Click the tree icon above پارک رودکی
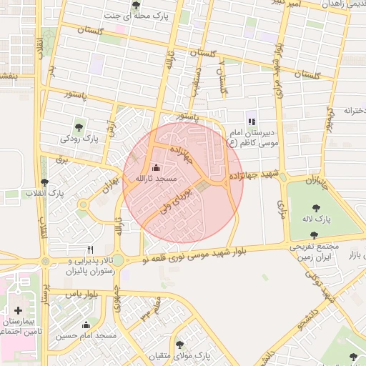point(79,127)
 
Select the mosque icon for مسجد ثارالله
point(157,167)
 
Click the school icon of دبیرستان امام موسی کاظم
point(251,121)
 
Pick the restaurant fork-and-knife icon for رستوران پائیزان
point(90,250)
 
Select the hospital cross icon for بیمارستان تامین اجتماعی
point(19,312)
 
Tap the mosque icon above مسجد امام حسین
point(86,325)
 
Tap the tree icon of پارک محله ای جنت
point(137,5)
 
